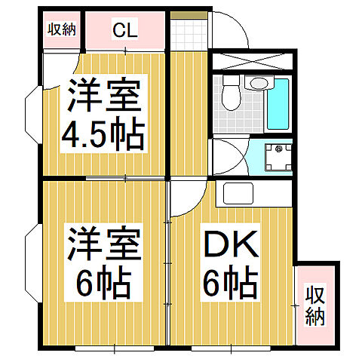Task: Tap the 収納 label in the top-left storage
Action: [63, 29]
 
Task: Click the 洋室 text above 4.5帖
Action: [103, 96]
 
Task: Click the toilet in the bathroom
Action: [232, 94]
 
